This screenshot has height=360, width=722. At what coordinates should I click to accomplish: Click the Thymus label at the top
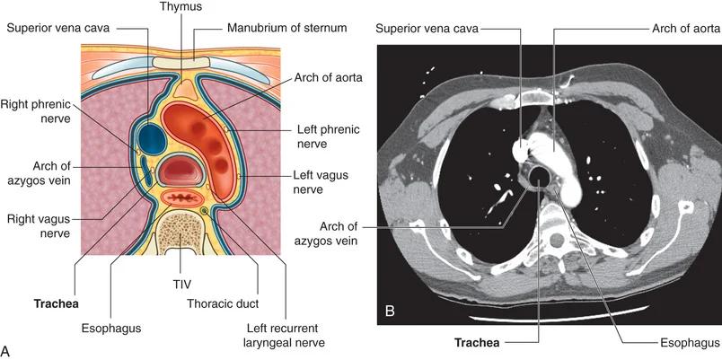click(181, 7)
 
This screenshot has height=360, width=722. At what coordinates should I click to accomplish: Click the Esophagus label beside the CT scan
click(680, 342)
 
